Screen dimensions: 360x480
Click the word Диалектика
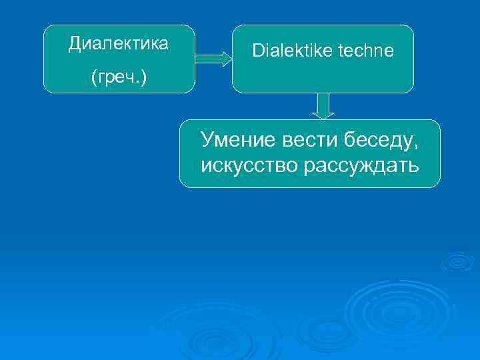119,44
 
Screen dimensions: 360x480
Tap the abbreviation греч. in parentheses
119,78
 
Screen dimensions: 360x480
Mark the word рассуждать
361,164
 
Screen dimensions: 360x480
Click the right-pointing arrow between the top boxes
213,59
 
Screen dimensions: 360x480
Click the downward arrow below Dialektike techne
323,106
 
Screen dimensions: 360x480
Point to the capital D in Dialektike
257,51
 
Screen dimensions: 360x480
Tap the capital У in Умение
207,140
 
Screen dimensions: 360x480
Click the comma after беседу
417,145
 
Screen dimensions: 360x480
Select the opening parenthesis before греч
93,79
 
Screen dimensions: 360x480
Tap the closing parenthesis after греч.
145,79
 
